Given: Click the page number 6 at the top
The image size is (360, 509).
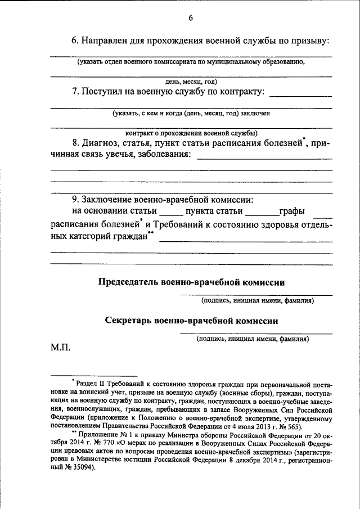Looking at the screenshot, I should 191,18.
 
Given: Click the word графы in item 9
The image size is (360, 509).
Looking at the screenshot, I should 292,212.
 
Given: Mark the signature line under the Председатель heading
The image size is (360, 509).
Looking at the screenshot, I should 256,295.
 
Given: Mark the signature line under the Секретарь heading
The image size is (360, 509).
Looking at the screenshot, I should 256,334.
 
